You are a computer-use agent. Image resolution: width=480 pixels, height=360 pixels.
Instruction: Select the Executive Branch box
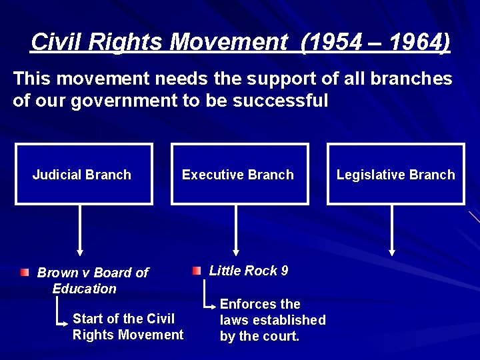coord(240,175)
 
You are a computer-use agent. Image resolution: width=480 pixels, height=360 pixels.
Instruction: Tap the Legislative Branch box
coord(395,175)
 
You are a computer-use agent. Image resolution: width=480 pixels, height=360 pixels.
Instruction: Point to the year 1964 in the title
coord(414,43)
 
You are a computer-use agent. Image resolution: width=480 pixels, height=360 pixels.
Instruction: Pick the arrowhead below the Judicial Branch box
coord(81,251)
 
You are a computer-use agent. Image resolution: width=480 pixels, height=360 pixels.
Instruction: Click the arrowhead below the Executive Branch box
coord(235,251)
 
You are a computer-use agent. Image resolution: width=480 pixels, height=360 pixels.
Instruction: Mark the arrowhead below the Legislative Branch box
coord(392,251)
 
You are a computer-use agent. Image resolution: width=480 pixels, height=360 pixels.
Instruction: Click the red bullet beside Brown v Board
coord(25,272)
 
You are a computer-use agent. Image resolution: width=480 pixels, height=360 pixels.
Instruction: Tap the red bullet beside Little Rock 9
coord(196,271)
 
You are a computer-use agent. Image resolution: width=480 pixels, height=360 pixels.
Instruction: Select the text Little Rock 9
coord(249,271)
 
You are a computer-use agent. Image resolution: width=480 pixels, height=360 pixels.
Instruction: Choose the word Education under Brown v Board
coord(84,289)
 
